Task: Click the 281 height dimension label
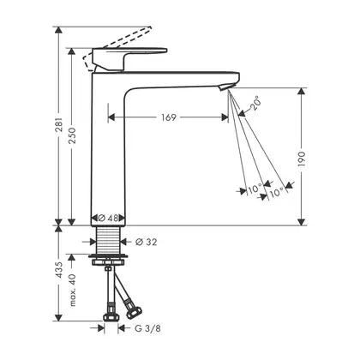[59, 124]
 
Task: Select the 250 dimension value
[73, 135]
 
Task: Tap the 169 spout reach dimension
[169, 117]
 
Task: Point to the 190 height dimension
[302, 159]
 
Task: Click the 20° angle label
[255, 104]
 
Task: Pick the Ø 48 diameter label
[108, 218]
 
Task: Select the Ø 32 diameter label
[147, 243]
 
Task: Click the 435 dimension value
[59, 269]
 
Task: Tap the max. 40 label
[73, 290]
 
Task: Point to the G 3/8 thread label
[147, 328]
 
